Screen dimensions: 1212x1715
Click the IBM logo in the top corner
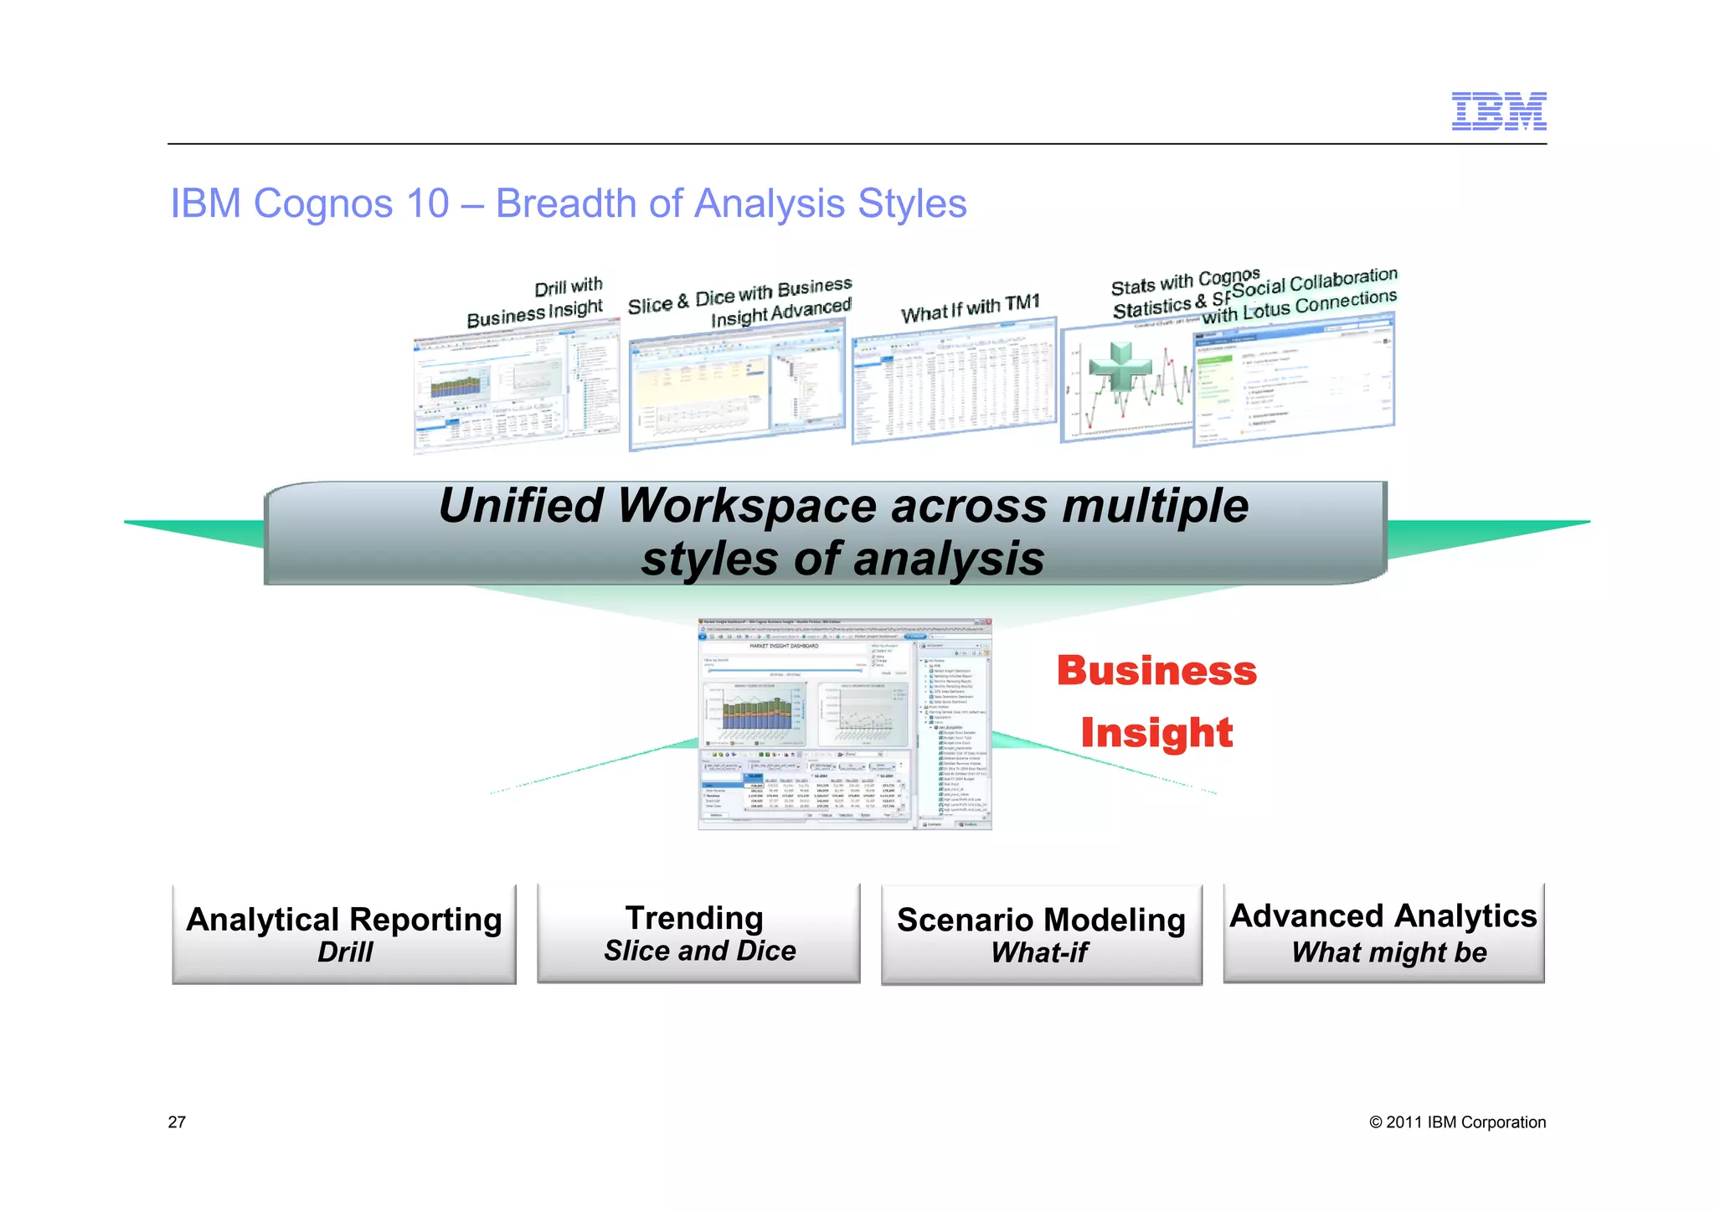coord(1498,111)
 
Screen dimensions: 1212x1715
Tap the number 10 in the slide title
coord(427,204)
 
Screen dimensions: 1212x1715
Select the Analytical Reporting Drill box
coord(344,934)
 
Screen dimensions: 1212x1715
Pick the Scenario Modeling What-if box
coord(1041,934)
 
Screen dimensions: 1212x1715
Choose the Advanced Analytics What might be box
coord(1383,932)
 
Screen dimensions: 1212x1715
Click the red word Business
coord(1156,671)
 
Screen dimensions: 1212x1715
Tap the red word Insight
coord(1156,733)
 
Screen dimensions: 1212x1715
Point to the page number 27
coord(177,1122)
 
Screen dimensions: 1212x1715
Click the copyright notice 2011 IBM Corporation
coord(1457,1122)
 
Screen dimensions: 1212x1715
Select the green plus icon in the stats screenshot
coord(1120,367)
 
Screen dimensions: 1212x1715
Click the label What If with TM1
coord(970,309)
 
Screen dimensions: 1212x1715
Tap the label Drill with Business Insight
coord(536,304)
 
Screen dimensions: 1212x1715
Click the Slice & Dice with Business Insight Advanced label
coord(740,303)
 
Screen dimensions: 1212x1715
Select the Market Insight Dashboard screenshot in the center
coord(844,725)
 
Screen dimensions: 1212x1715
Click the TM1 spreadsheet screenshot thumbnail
coord(955,381)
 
